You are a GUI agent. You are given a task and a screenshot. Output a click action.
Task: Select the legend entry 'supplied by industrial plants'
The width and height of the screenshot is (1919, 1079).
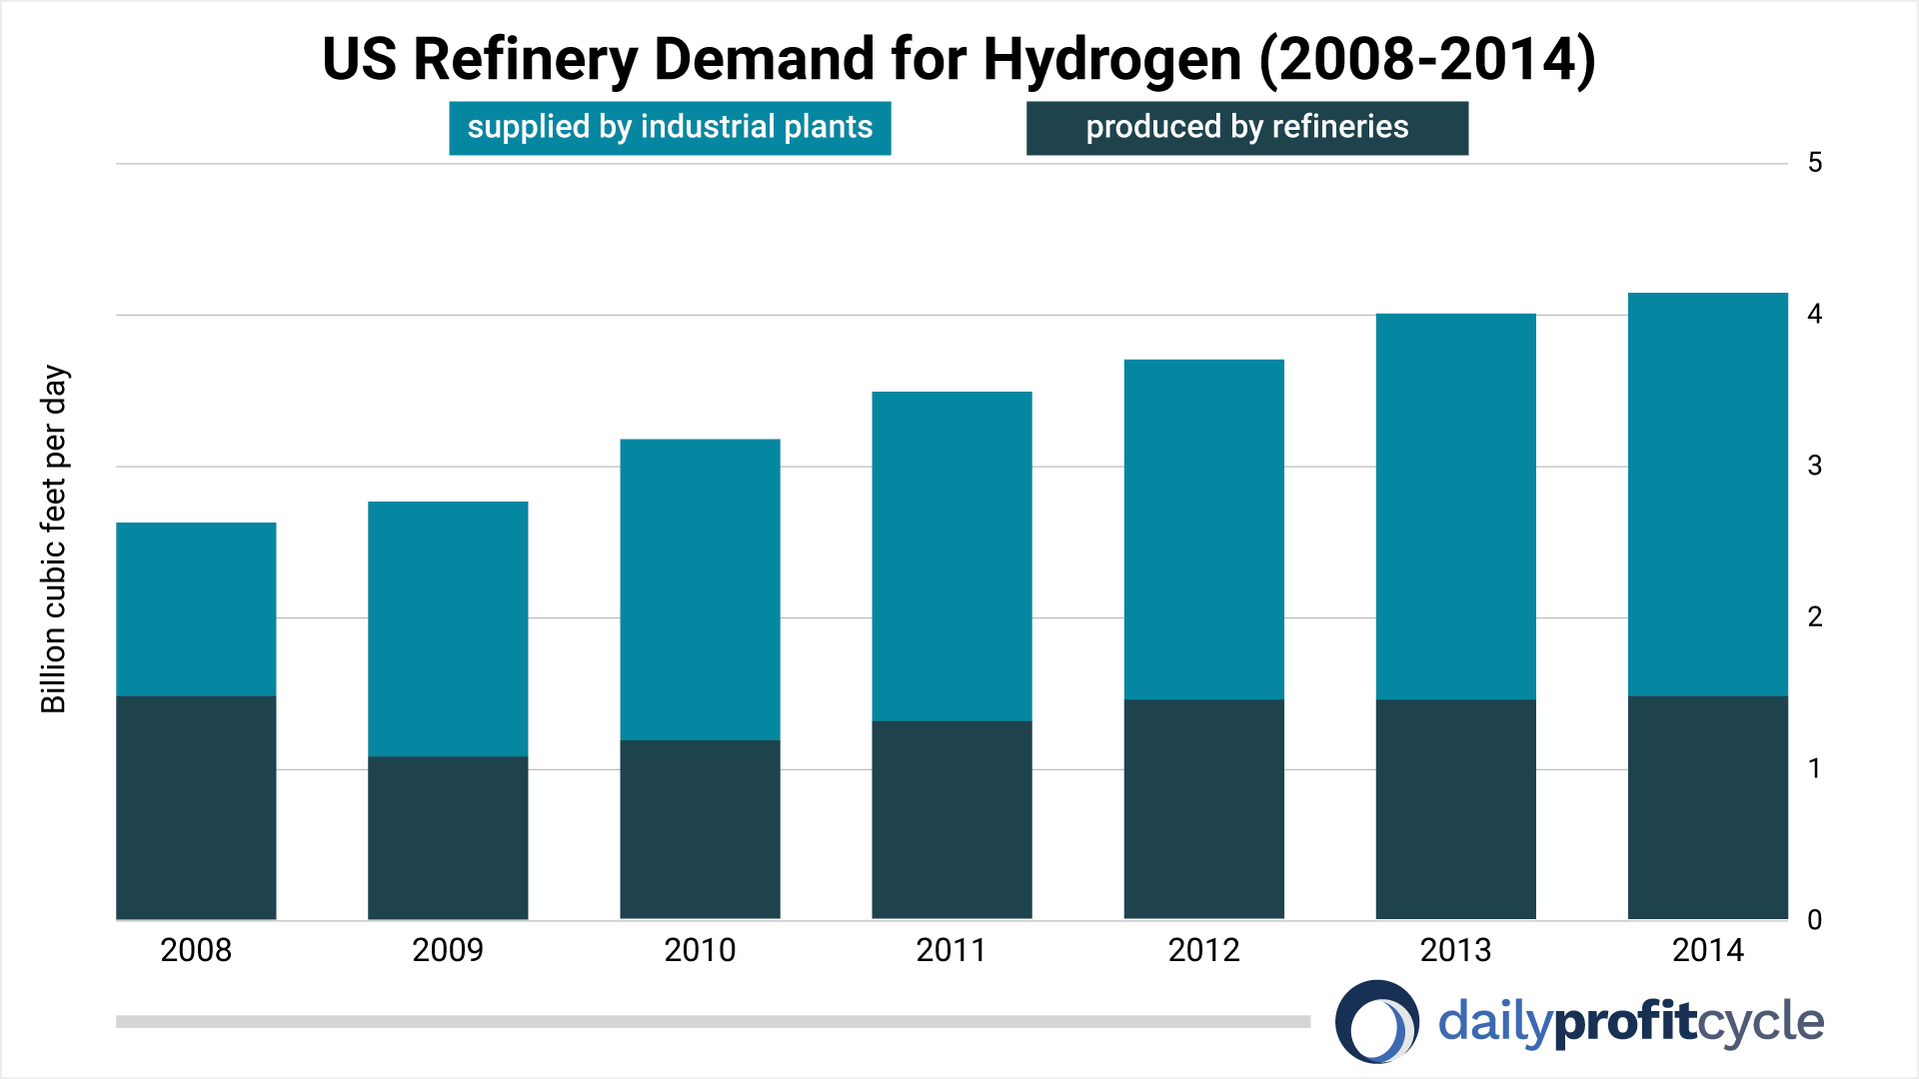(x=670, y=128)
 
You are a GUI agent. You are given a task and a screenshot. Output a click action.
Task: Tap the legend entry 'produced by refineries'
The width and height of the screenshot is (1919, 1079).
(x=1246, y=128)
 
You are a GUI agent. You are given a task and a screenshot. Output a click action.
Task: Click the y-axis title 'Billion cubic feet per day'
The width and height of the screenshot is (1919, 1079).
(x=54, y=539)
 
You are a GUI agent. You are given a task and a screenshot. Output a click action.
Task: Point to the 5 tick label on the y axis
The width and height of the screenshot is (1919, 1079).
(x=1815, y=163)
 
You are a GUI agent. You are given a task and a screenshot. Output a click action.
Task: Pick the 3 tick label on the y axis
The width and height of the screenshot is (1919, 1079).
(x=1815, y=466)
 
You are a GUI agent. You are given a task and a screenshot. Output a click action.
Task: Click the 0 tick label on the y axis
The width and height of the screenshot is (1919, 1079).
(x=1815, y=920)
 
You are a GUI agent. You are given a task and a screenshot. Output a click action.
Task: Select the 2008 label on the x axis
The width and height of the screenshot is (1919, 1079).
(x=196, y=950)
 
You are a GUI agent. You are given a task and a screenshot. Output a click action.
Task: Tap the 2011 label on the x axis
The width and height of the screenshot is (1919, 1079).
(x=952, y=950)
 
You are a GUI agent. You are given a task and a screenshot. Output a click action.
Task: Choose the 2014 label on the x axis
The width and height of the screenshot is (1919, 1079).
(x=1707, y=950)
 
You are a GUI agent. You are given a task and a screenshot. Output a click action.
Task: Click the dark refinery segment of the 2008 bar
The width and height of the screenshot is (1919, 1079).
(x=196, y=807)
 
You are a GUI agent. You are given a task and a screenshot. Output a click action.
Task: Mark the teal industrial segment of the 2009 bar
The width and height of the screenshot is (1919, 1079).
(x=448, y=629)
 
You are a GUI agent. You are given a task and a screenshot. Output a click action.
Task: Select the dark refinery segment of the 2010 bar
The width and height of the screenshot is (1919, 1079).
(x=700, y=829)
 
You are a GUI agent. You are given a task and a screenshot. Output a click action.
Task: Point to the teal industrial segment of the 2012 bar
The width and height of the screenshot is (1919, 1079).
(x=1203, y=530)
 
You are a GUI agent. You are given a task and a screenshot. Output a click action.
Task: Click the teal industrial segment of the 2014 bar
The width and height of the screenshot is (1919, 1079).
(x=1707, y=495)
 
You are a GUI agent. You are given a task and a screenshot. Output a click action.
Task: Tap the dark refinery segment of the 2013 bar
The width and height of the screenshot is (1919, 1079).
(x=1455, y=809)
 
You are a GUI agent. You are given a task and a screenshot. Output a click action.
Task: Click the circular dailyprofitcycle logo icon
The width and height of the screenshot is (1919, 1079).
(x=1376, y=1022)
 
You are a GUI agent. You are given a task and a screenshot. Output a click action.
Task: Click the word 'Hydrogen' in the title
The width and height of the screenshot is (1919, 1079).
(x=1111, y=60)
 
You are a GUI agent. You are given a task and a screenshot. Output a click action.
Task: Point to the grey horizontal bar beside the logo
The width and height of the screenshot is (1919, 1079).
(x=713, y=1022)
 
